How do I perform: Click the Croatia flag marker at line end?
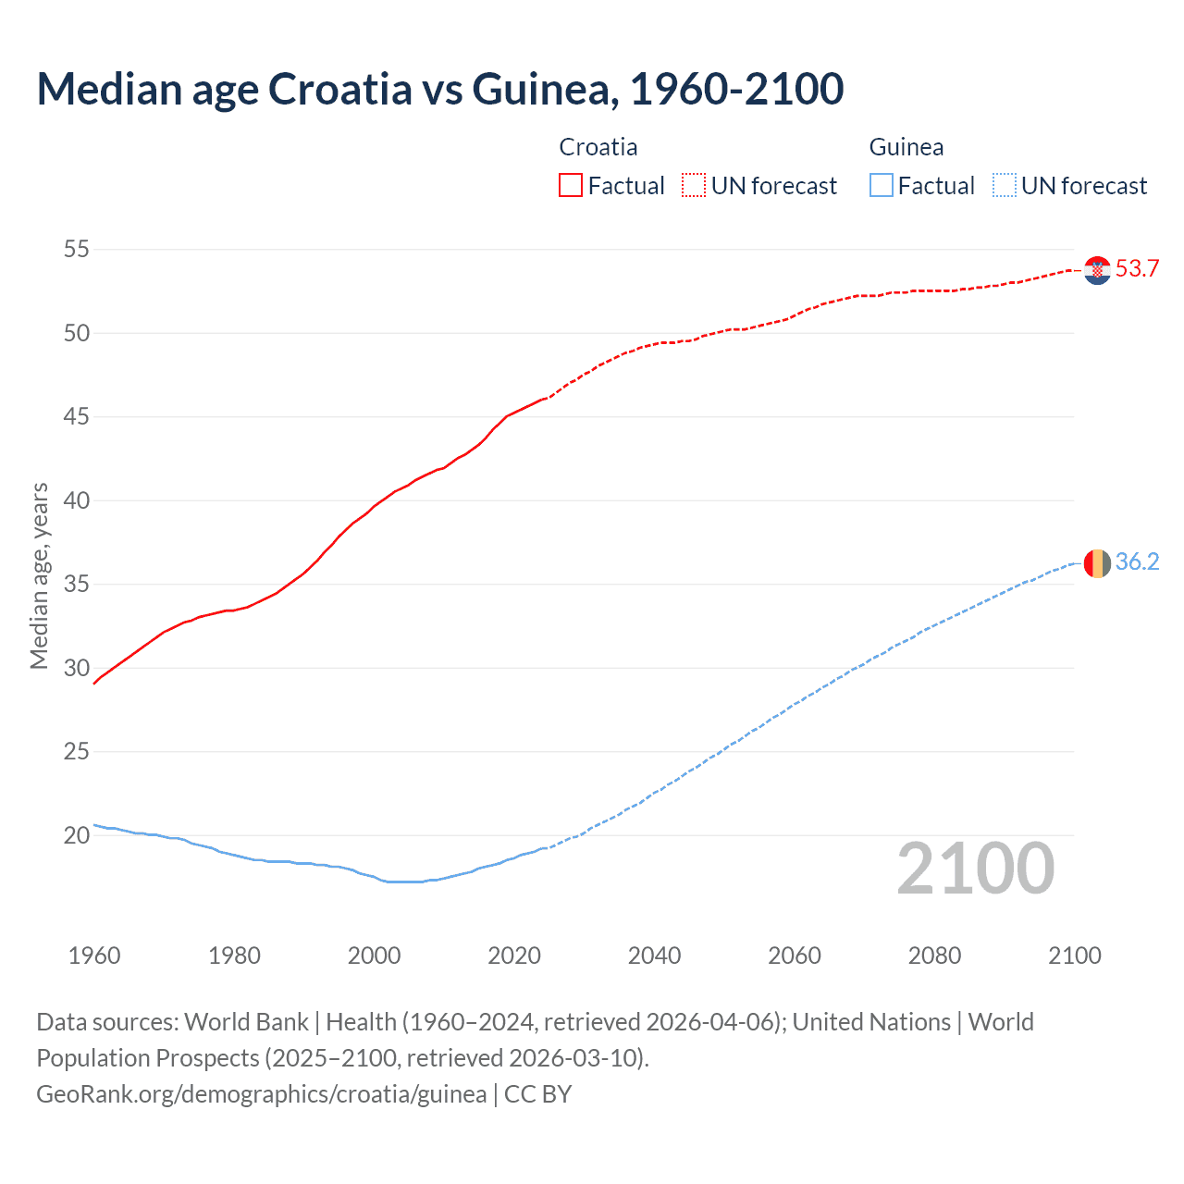pyautogui.click(x=1097, y=270)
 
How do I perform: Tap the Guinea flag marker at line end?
pyautogui.click(x=1097, y=562)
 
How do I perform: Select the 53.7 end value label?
pyautogui.click(x=1137, y=269)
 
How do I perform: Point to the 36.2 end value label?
pyautogui.click(x=1137, y=562)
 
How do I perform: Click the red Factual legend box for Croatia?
pyautogui.click(x=571, y=186)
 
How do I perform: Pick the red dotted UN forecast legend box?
pyautogui.click(x=694, y=186)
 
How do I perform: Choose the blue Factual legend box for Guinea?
pyautogui.click(x=882, y=186)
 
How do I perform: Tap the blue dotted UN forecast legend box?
pyautogui.click(x=1004, y=186)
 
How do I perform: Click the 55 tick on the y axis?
pyautogui.click(x=77, y=250)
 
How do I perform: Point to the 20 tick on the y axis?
pyautogui.click(x=77, y=836)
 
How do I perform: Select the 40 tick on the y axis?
pyautogui.click(x=77, y=500)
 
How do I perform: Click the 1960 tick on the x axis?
pyautogui.click(x=94, y=956)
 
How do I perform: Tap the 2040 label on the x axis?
pyautogui.click(x=654, y=956)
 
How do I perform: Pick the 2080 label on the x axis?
pyautogui.click(x=934, y=956)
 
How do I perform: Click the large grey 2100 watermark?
pyautogui.click(x=975, y=869)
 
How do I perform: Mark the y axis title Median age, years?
pyautogui.click(x=39, y=575)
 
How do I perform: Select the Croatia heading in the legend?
pyautogui.click(x=598, y=147)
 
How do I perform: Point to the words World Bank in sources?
pyautogui.click(x=246, y=1022)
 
